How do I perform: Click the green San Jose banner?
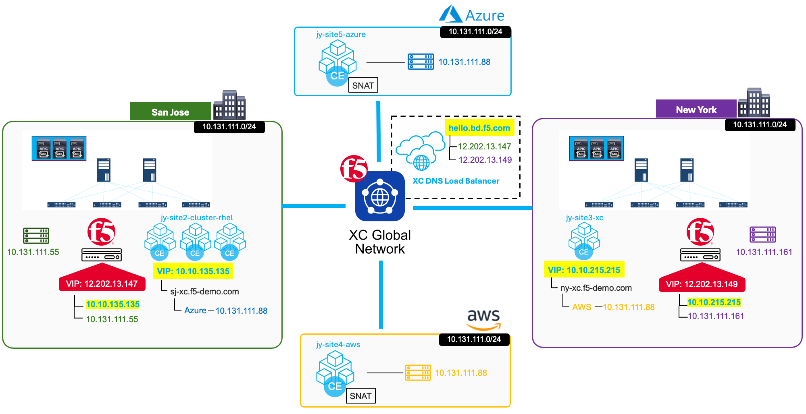click(170, 112)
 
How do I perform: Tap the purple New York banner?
click(696, 110)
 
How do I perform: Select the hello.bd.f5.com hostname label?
click(479, 128)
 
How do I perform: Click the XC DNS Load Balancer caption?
click(456, 181)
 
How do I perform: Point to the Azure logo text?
click(484, 16)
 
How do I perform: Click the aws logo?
click(483, 319)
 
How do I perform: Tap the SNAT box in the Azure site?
click(363, 85)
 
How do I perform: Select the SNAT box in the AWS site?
click(360, 396)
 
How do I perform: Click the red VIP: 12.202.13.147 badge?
click(102, 284)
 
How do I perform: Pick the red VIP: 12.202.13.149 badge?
click(702, 284)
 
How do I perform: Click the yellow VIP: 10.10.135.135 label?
click(193, 271)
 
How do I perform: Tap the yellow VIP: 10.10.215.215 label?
click(584, 270)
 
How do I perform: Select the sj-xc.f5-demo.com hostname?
click(204, 292)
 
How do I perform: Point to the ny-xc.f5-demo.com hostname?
click(596, 288)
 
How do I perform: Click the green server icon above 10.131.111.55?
click(36, 236)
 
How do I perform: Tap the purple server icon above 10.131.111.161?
click(763, 235)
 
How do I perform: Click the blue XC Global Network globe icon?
click(380, 197)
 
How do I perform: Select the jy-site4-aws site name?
click(338, 345)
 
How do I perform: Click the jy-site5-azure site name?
click(341, 35)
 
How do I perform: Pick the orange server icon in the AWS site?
click(418, 373)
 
